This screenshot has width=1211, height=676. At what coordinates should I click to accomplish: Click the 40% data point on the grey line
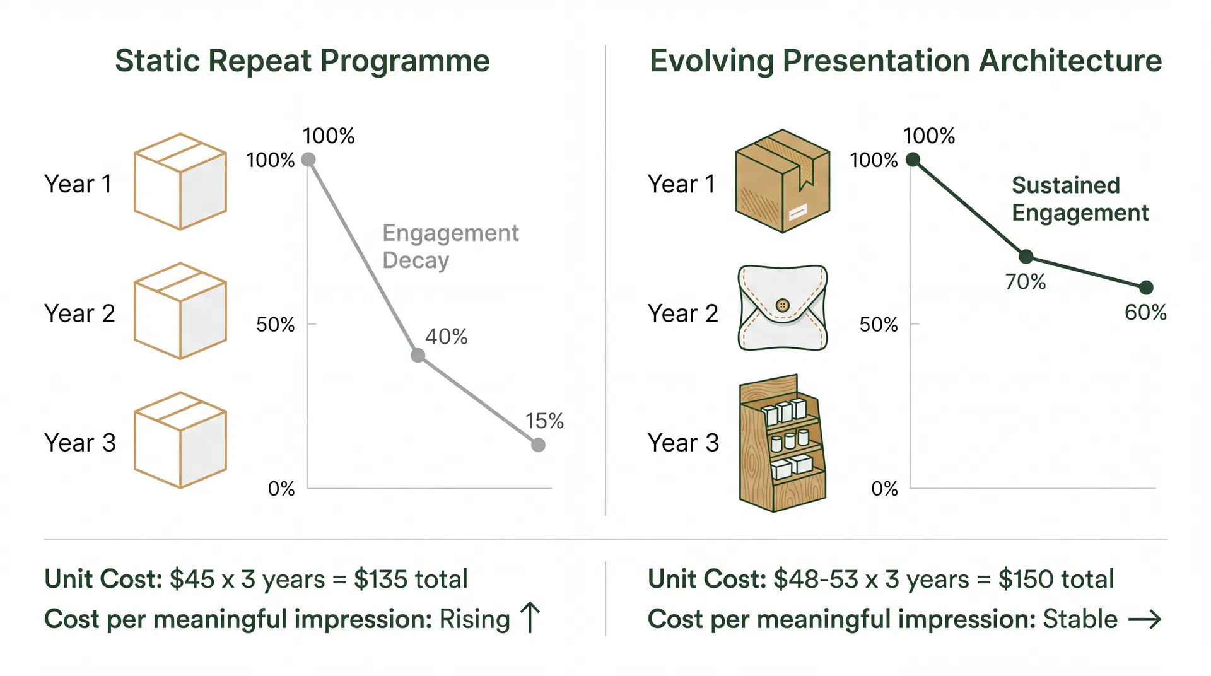pos(418,356)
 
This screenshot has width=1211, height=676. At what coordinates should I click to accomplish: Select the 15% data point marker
pos(538,445)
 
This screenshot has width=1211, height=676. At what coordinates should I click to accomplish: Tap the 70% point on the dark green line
pos(1026,257)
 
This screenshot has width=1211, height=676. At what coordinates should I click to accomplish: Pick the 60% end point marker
pos(1147,288)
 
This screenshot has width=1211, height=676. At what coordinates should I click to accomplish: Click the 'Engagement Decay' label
pos(450,247)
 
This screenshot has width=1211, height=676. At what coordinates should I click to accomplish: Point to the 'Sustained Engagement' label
pos(1079,199)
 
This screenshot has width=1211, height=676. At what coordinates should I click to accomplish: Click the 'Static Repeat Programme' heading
pos(302,61)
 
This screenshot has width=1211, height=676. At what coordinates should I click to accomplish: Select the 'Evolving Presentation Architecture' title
pos(906,61)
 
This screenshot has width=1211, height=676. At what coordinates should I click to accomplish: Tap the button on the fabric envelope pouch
pos(783,305)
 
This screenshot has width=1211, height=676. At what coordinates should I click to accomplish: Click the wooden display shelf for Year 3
pos(782,443)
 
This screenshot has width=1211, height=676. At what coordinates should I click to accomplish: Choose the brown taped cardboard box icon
pos(782,182)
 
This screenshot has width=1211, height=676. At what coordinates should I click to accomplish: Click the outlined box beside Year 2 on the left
pos(180,311)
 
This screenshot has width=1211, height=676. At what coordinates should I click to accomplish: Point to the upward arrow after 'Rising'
pos(530,617)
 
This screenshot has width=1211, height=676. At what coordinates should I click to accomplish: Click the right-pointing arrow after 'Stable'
pos(1144,619)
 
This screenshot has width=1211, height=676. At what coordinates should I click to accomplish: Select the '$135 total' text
pos(411,579)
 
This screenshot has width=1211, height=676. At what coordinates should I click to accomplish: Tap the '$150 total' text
pos(1056,579)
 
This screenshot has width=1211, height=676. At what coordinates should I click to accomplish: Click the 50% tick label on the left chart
pos(275,325)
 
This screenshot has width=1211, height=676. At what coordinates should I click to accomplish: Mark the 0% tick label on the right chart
pos(884,489)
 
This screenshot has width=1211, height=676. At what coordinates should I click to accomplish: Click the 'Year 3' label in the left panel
pos(80,443)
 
